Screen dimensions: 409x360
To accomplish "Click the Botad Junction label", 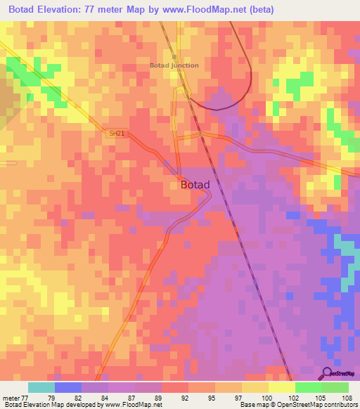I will (174, 65).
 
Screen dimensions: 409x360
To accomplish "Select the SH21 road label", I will (116, 133).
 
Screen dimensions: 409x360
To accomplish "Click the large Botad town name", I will (195, 185).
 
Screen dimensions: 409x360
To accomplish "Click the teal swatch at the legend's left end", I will (41, 387).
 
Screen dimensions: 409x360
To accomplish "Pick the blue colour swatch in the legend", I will (67, 387).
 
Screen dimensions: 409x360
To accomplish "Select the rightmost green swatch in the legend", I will (335, 387).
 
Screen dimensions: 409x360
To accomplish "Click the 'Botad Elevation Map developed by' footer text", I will (53, 405).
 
